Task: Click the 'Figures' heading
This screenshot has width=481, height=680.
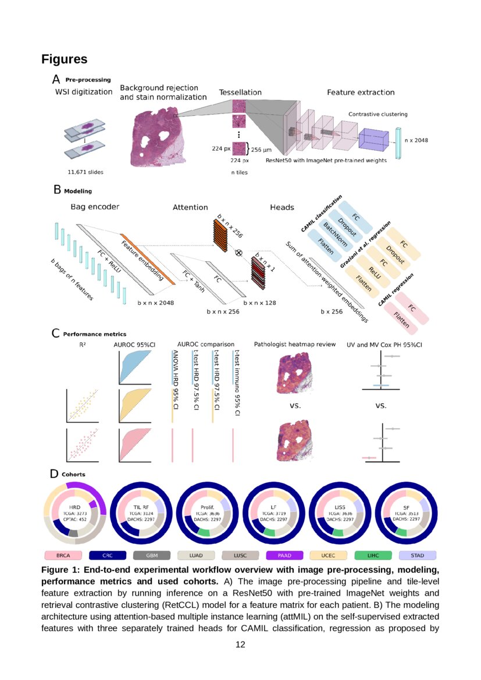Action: click(64, 59)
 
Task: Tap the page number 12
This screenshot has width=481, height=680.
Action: click(240, 645)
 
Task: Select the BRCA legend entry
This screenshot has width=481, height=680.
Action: click(63, 556)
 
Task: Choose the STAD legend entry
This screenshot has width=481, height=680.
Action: click(417, 556)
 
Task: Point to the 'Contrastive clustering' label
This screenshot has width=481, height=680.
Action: click(377, 115)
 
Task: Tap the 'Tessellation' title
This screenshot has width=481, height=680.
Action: click(240, 92)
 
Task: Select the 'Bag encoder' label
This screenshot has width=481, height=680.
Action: click(95, 207)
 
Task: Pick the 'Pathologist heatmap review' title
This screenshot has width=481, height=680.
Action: click(295, 344)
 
